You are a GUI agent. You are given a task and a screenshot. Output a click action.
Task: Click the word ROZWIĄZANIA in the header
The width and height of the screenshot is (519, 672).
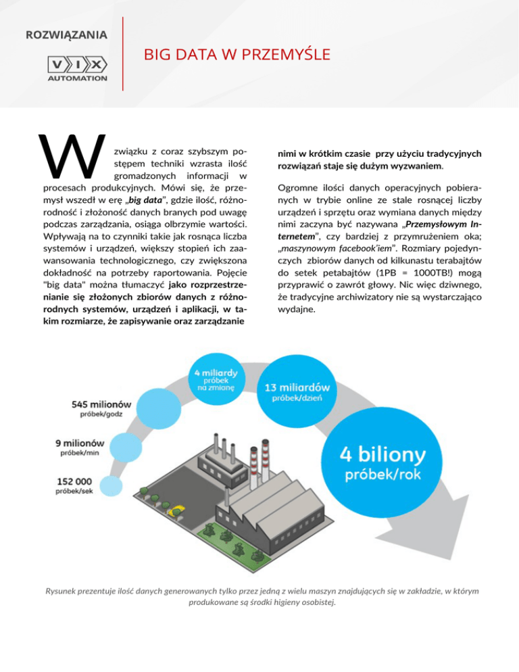(66, 34)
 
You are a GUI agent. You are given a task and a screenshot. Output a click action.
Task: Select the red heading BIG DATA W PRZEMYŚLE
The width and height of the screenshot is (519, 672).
(237, 54)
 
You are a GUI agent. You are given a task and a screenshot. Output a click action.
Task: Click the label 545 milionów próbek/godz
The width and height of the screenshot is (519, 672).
(101, 408)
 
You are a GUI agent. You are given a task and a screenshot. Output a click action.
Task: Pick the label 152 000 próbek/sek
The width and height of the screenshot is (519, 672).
(76, 485)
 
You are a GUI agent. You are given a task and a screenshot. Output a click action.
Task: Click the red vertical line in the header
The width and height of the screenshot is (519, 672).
(122, 53)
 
